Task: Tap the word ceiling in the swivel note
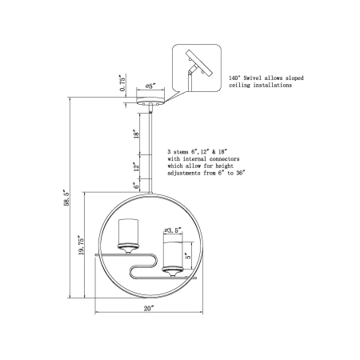[x=241, y=85]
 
